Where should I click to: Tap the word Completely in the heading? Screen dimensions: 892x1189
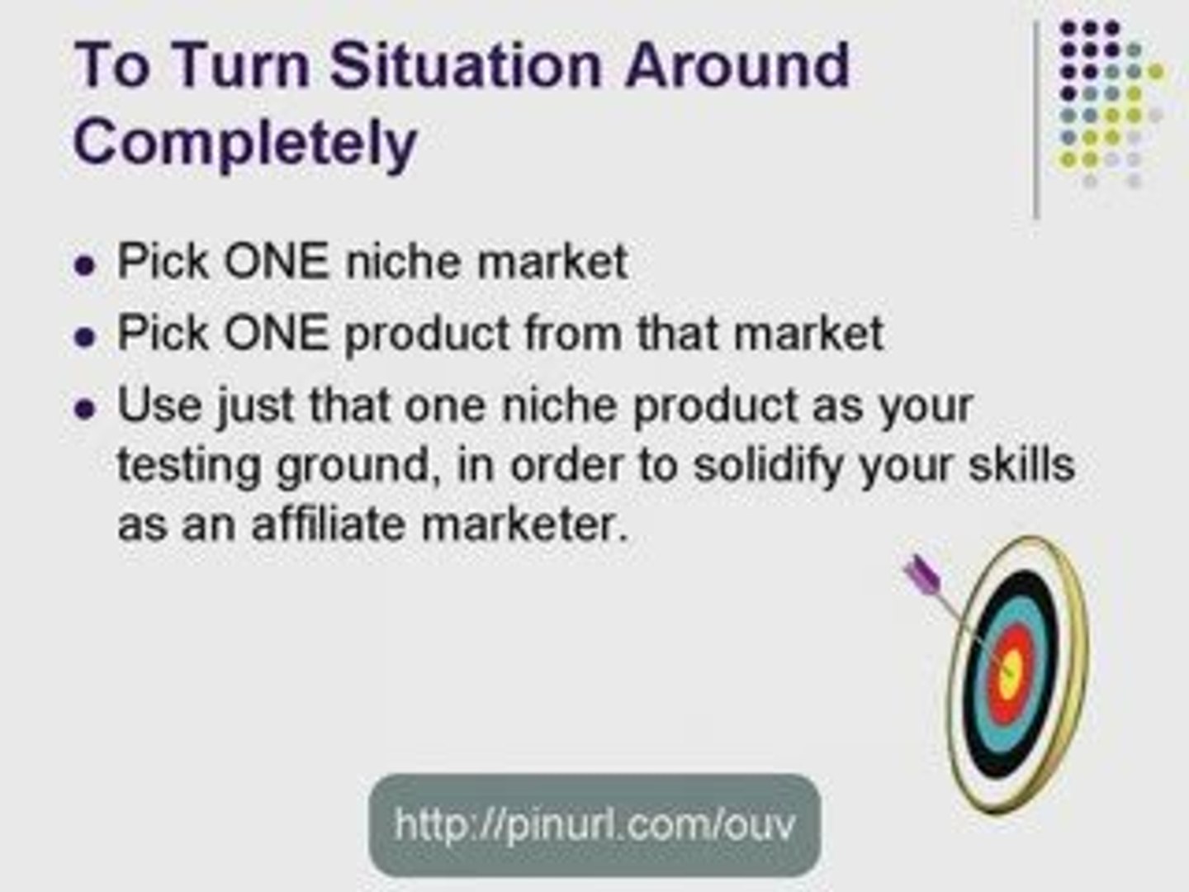[x=245, y=142]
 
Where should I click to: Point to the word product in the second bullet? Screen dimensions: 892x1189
[x=427, y=334]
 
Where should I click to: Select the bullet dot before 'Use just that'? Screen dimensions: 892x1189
[x=84, y=409]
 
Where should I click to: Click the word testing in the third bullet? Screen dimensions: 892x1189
[x=189, y=466]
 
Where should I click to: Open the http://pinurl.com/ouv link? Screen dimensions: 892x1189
[x=594, y=824]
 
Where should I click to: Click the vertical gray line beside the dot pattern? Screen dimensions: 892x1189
[x=1036, y=120]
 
